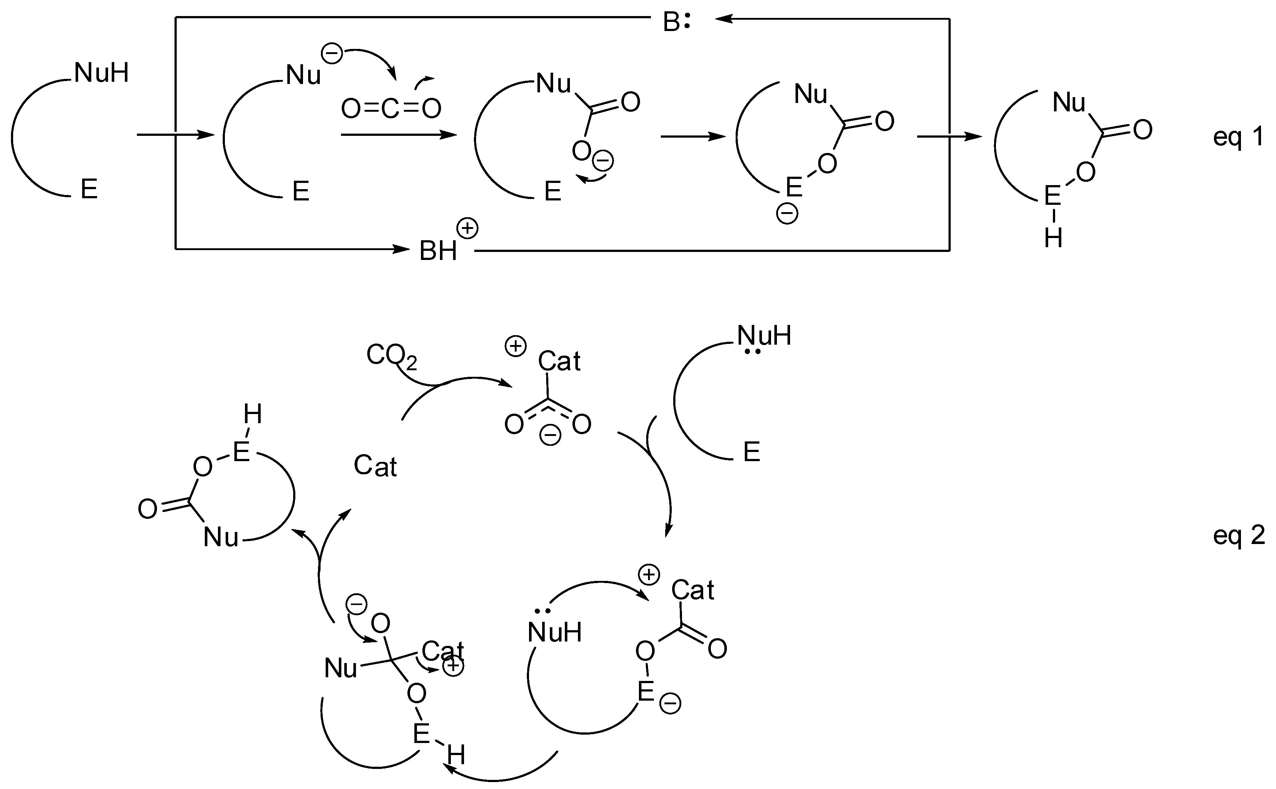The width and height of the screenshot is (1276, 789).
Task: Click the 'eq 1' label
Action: click(1238, 137)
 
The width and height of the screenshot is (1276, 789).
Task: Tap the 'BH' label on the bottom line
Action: click(438, 251)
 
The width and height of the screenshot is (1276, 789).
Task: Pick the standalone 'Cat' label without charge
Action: click(375, 466)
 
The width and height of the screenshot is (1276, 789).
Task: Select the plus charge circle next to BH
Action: click(467, 229)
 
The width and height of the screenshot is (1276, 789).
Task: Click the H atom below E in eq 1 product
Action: click(1053, 238)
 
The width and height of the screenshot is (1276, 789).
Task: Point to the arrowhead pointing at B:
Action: click(723, 19)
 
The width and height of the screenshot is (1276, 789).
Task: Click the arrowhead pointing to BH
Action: click(403, 249)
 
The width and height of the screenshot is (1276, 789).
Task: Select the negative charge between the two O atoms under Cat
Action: click(550, 435)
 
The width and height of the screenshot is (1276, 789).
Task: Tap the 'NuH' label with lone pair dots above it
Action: click(555, 632)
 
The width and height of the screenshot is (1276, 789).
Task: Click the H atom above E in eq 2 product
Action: click(253, 415)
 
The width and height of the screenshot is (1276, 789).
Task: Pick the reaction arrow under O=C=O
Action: click(399, 135)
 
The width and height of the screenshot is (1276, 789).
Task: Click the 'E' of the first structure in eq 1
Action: click(89, 189)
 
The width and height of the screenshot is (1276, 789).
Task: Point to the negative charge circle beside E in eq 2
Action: click(670, 704)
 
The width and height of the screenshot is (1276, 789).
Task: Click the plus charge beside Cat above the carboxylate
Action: click(516, 346)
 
